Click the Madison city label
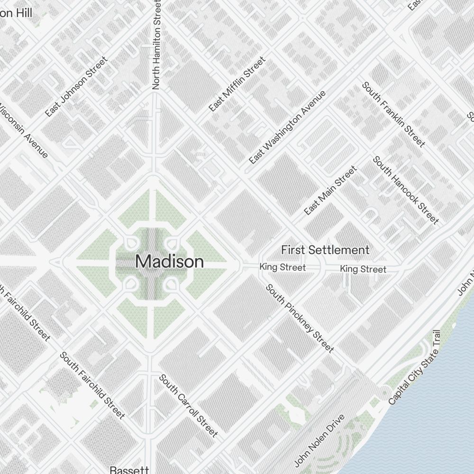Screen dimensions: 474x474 pyautogui.click(x=170, y=262)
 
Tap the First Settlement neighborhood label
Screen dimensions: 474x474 pyautogui.click(x=325, y=250)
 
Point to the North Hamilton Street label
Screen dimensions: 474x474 pyautogui.click(x=157, y=45)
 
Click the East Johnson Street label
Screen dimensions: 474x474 pyautogui.click(x=76, y=87)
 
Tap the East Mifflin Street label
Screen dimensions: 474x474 pyautogui.click(x=237, y=85)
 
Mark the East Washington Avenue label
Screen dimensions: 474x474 pyautogui.click(x=287, y=128)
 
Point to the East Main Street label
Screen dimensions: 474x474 pyautogui.click(x=330, y=190)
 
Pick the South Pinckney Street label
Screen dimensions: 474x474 pyautogui.click(x=300, y=318)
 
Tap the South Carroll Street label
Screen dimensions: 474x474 pyautogui.click(x=188, y=405)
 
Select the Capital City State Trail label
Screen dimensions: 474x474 pyautogui.click(x=415, y=368)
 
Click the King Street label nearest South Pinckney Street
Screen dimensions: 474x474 pyautogui.click(x=283, y=268)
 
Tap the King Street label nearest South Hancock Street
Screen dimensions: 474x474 pyautogui.click(x=363, y=269)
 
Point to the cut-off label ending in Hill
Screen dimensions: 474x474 pyautogui.click(x=16, y=13)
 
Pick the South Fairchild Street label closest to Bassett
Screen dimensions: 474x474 pyautogui.click(x=92, y=386)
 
